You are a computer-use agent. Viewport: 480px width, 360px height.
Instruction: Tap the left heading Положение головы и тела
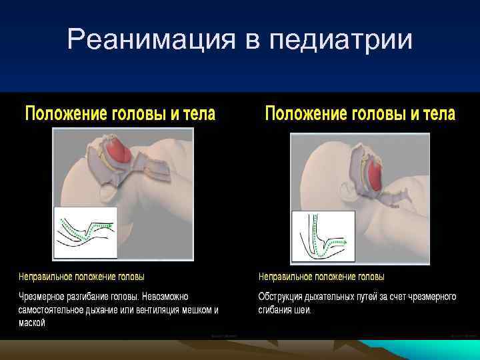[x=120, y=113]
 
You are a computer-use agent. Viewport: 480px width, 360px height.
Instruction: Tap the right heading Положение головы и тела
[x=360, y=113]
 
